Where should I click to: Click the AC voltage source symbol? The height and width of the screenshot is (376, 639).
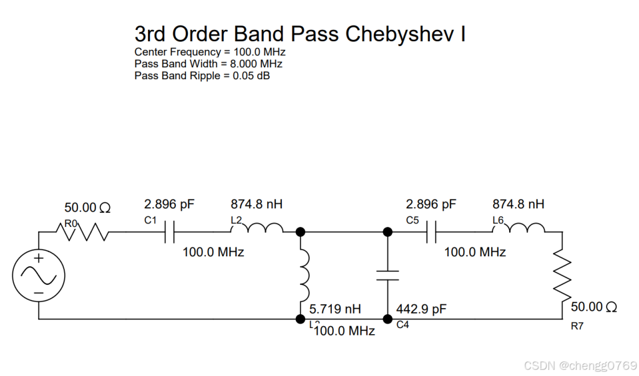(x=39, y=276)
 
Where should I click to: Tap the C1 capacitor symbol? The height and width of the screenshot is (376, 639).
(x=170, y=232)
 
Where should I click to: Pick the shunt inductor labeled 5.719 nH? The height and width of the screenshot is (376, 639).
(x=304, y=276)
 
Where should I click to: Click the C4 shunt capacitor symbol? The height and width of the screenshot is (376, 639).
(x=388, y=276)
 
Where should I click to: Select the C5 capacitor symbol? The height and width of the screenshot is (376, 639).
(x=431, y=232)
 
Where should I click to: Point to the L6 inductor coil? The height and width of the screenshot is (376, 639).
(x=519, y=228)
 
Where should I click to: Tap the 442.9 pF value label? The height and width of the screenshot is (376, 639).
(x=421, y=309)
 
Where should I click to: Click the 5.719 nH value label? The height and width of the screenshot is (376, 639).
(x=335, y=309)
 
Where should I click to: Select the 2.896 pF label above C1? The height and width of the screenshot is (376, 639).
(x=169, y=204)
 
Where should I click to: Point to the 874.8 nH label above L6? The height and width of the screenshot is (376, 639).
(x=518, y=204)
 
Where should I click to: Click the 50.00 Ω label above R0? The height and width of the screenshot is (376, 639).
(x=87, y=208)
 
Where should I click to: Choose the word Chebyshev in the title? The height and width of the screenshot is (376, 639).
(x=399, y=34)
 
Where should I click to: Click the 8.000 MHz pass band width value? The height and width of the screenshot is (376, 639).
(x=256, y=64)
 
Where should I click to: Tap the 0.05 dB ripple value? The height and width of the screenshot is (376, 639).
(x=251, y=76)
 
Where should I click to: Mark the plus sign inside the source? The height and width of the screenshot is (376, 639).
(x=39, y=258)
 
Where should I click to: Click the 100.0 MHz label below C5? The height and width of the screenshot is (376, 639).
(x=475, y=252)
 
